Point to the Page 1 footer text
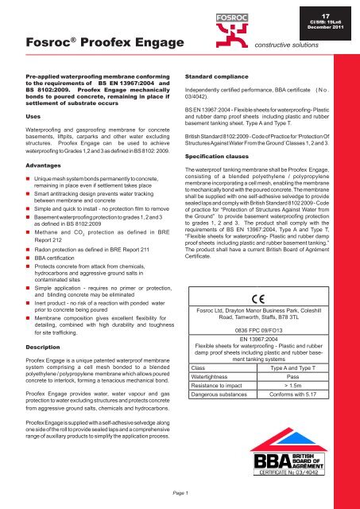[180, 494]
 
